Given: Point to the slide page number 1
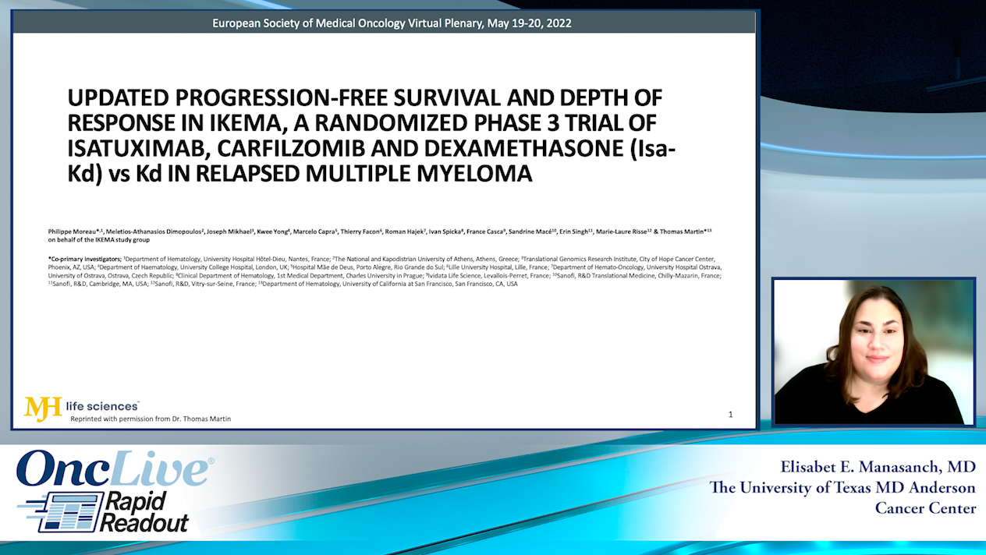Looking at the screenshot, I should [730, 414].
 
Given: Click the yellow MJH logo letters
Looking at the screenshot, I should [43, 408].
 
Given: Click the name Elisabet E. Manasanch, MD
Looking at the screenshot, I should [877, 467].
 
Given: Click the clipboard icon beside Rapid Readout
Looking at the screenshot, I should [73, 512].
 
